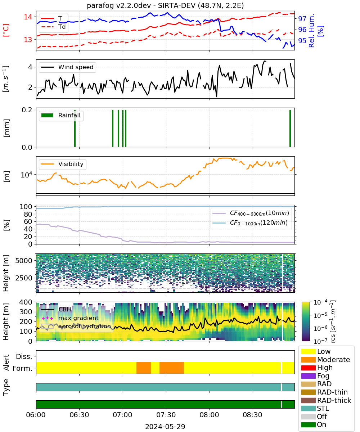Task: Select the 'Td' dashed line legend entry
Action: pyautogui.click(x=53, y=27)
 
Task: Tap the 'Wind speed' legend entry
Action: pyautogui.click(x=67, y=67)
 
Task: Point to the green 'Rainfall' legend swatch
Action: pyautogui.click(x=48, y=116)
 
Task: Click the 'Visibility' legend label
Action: pyautogui.click(x=71, y=164)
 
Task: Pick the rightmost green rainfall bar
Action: pyautogui.click(x=290, y=128)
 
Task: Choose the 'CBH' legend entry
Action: pyautogui.click(x=56, y=309)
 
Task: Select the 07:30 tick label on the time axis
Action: pyautogui.click(x=166, y=415)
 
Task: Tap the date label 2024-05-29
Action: pyautogui.click(x=165, y=427)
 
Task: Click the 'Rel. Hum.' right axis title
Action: pyautogui.click(x=312, y=31)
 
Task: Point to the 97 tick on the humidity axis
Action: pyautogui.click(x=302, y=19)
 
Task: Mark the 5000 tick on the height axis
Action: pyautogui.click(x=24, y=261)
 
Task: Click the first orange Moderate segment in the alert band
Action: pyautogui.click(x=144, y=368)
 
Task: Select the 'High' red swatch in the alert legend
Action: pyautogui.click(x=308, y=368)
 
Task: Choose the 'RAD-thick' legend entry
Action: pyautogui.click(x=326, y=400)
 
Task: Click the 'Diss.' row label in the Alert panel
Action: pyautogui.click(x=24, y=356)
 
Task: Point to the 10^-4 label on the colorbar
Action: pyautogui.click(x=320, y=302)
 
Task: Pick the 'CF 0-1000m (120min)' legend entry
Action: pyautogui.click(x=250, y=223)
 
